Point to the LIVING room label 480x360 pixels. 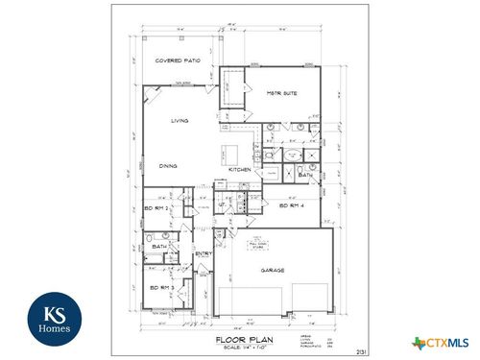click(180, 121)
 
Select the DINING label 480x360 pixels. click(168, 164)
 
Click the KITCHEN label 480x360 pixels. click(240, 169)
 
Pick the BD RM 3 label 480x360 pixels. click(160, 287)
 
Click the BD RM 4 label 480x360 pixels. click(291, 206)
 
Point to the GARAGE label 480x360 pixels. click(273, 271)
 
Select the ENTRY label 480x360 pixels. click(204, 253)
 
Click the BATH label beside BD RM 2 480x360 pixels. click(159, 247)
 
